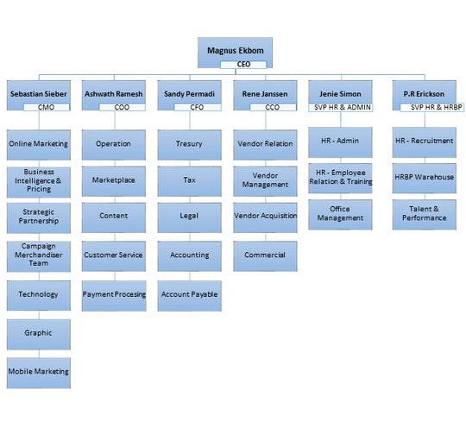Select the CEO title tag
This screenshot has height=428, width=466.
(243, 65)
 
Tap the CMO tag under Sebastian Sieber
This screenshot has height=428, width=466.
(47, 107)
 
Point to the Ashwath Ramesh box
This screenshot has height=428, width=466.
(114, 94)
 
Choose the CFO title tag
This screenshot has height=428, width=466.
(198, 107)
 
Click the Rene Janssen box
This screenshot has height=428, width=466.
(265, 94)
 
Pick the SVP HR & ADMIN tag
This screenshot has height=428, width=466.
(341, 107)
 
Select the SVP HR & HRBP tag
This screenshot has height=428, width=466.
(432, 107)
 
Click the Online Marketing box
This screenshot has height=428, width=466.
(39, 145)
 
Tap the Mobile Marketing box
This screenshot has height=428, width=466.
(39, 373)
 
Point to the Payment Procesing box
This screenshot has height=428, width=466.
(114, 296)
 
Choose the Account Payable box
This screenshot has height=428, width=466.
(190, 296)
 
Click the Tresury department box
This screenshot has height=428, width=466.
(190, 145)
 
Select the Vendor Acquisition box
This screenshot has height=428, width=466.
(265, 217)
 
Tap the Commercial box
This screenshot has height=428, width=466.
(265, 256)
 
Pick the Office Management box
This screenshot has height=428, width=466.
(340, 215)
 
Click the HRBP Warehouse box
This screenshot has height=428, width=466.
(425, 179)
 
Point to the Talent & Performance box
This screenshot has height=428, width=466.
(425, 215)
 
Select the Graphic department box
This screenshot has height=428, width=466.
(39, 335)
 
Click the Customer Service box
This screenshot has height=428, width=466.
(114, 256)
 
